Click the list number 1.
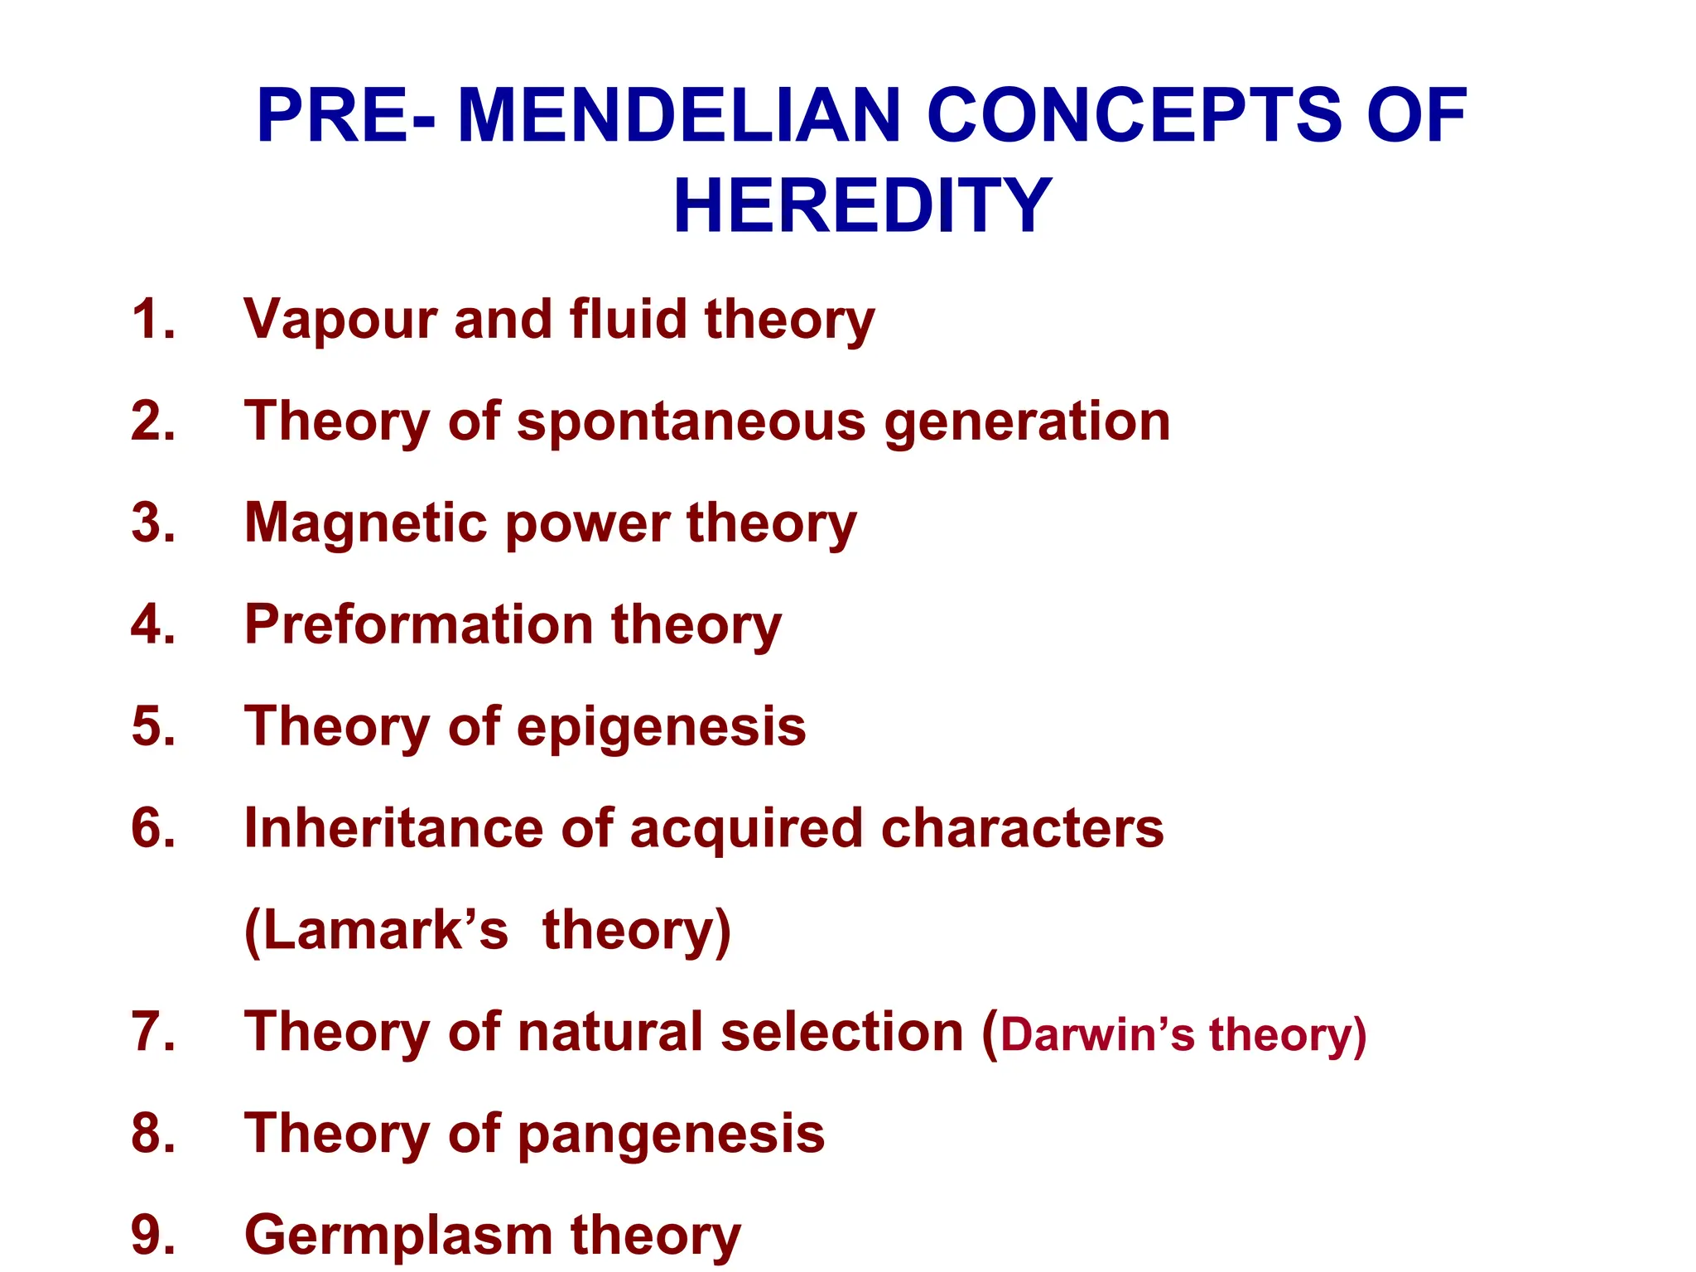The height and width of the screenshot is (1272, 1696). [x=153, y=319]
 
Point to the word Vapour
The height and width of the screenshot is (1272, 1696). [x=340, y=320]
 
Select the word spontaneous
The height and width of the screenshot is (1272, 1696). [x=691, y=423]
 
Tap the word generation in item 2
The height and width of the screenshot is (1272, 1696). [x=1027, y=423]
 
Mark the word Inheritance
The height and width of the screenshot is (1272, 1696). [x=393, y=828]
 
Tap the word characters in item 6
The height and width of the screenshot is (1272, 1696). [x=1022, y=828]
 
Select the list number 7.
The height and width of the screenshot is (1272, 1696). [x=153, y=1032]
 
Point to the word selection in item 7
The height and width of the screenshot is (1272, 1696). [x=842, y=1032]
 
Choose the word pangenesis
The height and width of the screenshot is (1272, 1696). [x=671, y=1135]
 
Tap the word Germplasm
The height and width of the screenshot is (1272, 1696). [x=397, y=1236]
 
